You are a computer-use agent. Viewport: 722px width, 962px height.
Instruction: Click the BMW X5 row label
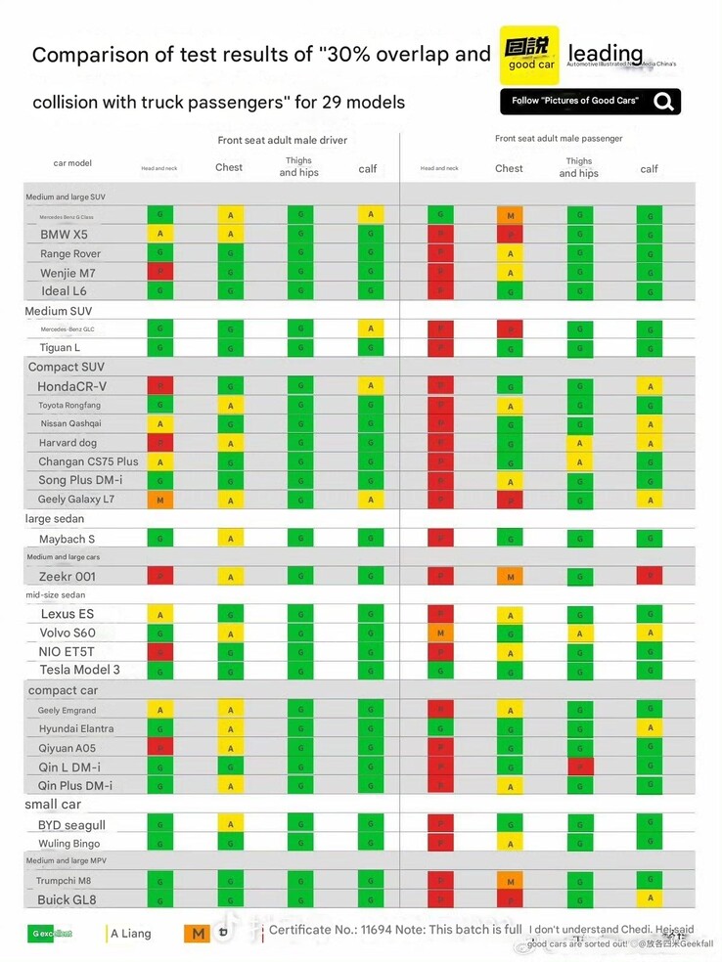click(64, 235)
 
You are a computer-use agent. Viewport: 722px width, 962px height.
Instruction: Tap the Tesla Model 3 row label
click(79, 670)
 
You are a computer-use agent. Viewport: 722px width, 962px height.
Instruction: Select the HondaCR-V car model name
click(71, 386)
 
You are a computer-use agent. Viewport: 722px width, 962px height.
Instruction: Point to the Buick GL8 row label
click(67, 899)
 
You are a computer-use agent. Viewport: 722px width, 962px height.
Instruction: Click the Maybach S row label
click(67, 539)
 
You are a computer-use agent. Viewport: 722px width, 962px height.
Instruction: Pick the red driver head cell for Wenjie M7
click(159, 272)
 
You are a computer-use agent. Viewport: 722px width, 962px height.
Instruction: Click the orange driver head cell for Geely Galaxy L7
click(159, 500)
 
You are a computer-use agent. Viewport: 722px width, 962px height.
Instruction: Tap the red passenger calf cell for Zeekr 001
click(649, 576)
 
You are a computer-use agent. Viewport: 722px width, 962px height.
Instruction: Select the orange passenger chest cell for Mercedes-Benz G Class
click(509, 215)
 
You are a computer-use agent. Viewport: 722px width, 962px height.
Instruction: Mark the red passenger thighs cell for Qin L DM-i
click(580, 766)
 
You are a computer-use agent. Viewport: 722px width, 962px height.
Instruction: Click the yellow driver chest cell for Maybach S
click(229, 539)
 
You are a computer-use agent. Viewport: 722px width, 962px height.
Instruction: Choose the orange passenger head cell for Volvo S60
click(440, 633)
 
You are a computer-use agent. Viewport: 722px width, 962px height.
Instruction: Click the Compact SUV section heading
click(66, 367)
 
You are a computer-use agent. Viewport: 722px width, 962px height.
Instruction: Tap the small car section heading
click(53, 805)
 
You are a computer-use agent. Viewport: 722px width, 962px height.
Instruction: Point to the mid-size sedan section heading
click(56, 594)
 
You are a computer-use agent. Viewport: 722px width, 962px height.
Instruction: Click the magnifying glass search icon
click(664, 101)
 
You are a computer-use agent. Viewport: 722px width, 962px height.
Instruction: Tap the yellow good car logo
click(529, 55)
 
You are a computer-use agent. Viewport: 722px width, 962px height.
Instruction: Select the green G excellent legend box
click(50, 934)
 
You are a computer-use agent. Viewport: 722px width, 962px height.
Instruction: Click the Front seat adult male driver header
click(282, 141)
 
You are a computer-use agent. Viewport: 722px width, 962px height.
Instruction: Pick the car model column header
click(72, 163)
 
